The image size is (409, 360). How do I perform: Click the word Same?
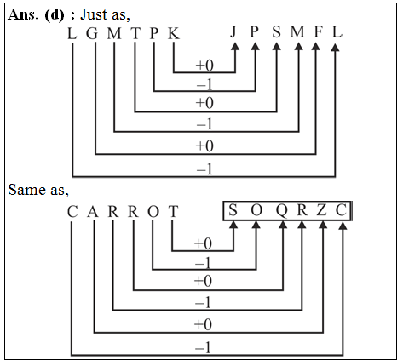[x=25, y=189]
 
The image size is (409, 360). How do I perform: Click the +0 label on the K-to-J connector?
[x=204, y=65]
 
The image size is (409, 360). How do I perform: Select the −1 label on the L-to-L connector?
[x=204, y=170]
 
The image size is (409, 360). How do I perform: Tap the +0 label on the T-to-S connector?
[x=204, y=243]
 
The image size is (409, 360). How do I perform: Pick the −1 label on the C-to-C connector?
[x=204, y=347]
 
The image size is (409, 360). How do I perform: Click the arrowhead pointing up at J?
[x=233, y=49]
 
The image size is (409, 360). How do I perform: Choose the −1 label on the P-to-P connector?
[x=204, y=85]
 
